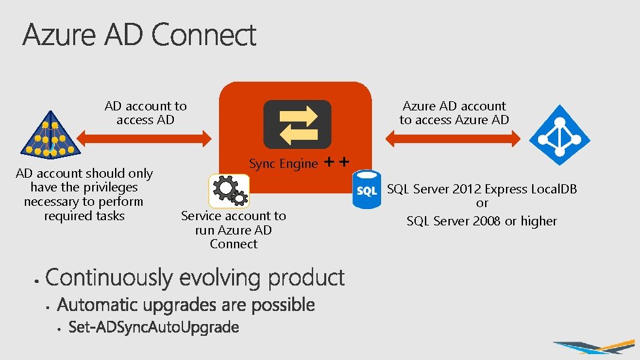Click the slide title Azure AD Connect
coord(139,35)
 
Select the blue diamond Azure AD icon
coord(559,136)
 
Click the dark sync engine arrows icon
coord(297,124)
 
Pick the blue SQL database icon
coord(366,189)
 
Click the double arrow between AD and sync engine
coord(143,138)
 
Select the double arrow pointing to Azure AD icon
coord(453,138)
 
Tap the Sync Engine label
coord(283,164)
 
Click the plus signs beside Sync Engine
coord(336,162)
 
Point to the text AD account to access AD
coord(145,112)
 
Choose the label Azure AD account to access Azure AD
coord(454,112)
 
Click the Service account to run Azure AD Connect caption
coord(233,229)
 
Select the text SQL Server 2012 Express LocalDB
coord(482,189)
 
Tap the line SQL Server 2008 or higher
coord(482,221)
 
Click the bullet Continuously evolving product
coord(195,278)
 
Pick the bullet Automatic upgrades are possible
coord(186,304)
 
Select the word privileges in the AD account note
coord(110,188)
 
